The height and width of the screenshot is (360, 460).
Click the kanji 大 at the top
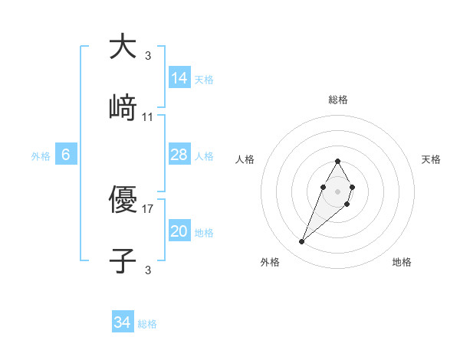(x=123, y=47)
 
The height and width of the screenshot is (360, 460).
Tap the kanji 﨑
(x=123, y=107)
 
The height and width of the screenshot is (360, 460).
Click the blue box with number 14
(x=179, y=78)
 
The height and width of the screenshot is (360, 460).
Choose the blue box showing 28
(x=179, y=155)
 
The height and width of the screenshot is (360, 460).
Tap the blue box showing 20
(x=179, y=231)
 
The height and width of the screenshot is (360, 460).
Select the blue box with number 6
(x=66, y=155)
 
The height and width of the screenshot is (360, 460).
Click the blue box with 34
(x=123, y=323)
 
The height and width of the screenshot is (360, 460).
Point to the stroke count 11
(x=148, y=117)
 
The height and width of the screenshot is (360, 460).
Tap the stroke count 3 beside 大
(x=148, y=56)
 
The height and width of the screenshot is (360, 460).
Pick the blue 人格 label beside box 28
(x=204, y=156)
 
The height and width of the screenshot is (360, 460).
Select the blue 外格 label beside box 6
(x=41, y=156)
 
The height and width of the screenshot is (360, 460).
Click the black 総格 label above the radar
(x=338, y=100)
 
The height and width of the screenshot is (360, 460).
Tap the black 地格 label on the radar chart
(x=402, y=262)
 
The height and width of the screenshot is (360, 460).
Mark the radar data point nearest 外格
(x=302, y=242)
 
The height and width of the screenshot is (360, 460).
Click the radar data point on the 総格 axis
(x=338, y=161)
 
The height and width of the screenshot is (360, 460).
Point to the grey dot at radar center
(x=338, y=191)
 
